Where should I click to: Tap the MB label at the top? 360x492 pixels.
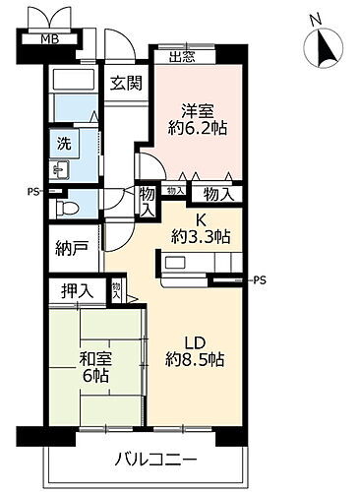pyautogui.click(x=47, y=38)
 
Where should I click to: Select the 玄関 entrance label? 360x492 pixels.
pyautogui.click(x=125, y=84)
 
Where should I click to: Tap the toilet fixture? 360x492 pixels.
pyautogui.click(x=69, y=209)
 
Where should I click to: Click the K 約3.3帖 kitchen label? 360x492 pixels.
pyautogui.click(x=199, y=228)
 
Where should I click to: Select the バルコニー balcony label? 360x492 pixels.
pyautogui.click(x=155, y=461)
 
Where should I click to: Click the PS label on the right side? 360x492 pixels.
pyautogui.click(x=260, y=280)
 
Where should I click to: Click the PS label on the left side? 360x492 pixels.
pyautogui.click(x=33, y=191)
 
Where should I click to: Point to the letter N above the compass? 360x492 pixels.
pyautogui.click(x=313, y=19)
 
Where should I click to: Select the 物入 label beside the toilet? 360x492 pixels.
pyautogui.click(x=147, y=201)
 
